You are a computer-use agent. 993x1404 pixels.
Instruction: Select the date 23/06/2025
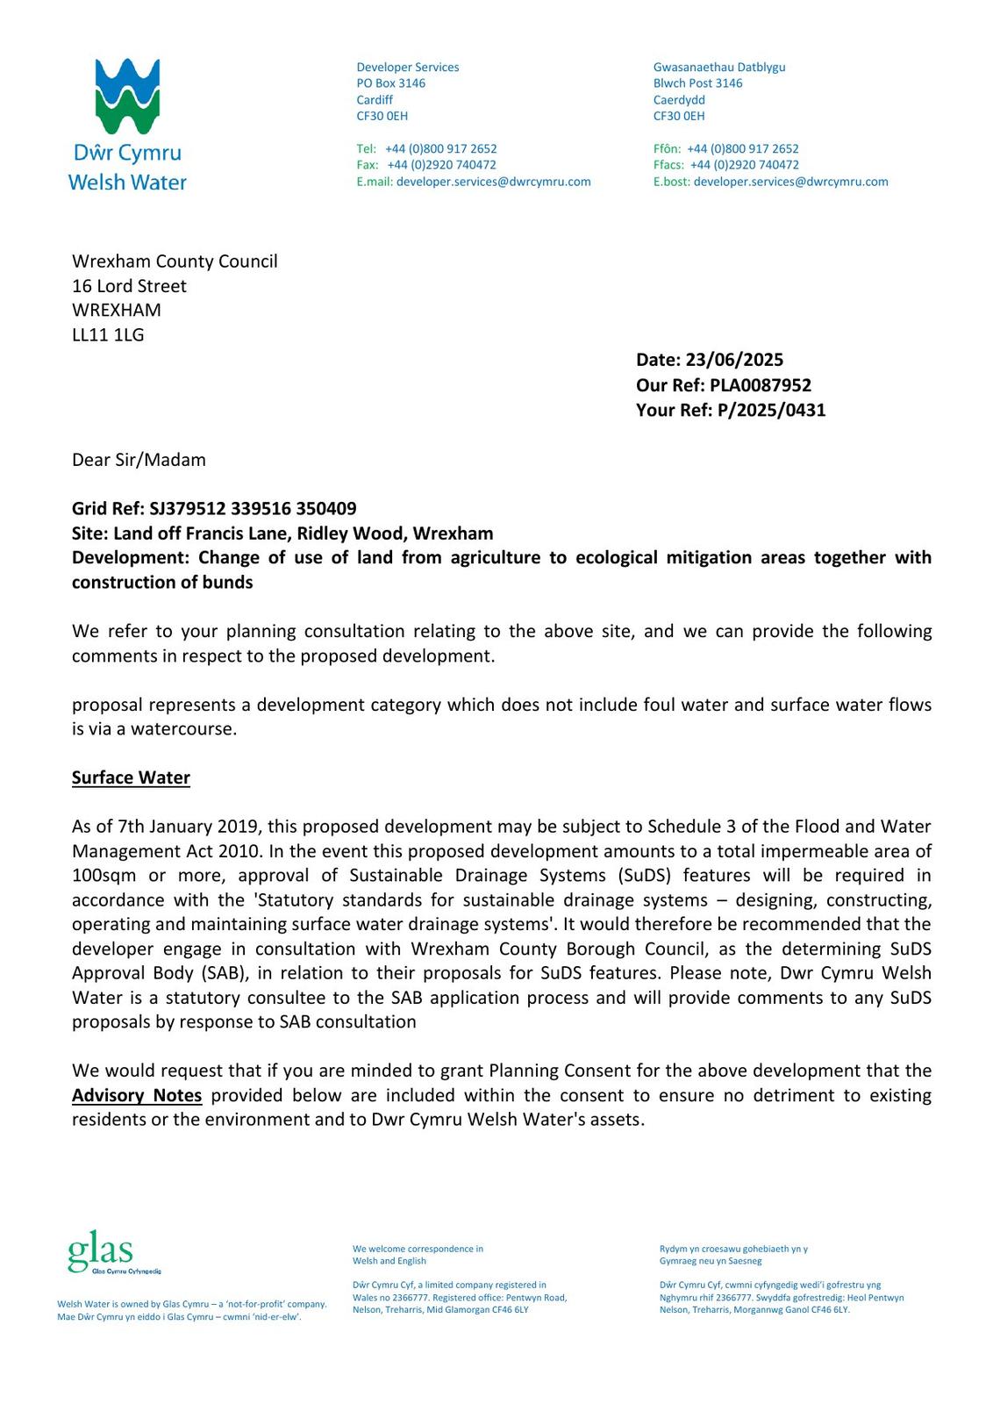pyautogui.click(x=734, y=360)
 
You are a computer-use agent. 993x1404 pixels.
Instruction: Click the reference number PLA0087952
pyautogui.click(x=761, y=385)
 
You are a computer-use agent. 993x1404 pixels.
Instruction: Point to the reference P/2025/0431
pyautogui.click(x=771, y=410)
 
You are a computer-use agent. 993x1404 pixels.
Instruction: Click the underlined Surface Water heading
pyautogui.click(x=131, y=778)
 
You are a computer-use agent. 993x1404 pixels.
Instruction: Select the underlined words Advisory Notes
pyautogui.click(x=137, y=1095)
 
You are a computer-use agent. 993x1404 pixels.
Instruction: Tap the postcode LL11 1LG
pyautogui.click(x=108, y=334)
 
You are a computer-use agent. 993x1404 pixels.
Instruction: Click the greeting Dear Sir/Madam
pyautogui.click(x=139, y=460)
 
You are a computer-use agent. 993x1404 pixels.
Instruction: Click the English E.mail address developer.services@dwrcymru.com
pyautogui.click(x=493, y=182)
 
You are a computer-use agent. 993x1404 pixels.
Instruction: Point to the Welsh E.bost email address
pyautogui.click(x=790, y=182)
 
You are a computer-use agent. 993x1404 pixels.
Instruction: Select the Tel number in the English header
pyautogui.click(x=440, y=149)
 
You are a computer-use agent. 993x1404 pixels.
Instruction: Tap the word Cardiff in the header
pyautogui.click(x=375, y=100)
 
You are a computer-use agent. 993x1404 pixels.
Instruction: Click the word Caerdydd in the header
pyautogui.click(x=679, y=100)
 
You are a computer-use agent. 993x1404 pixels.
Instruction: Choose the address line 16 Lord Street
pyautogui.click(x=129, y=286)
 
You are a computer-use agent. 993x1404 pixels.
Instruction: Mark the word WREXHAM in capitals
pyautogui.click(x=117, y=310)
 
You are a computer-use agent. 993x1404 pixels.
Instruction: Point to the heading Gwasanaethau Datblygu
pyautogui.click(x=719, y=68)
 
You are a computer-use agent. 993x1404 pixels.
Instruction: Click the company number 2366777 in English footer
pyautogui.click(x=408, y=1297)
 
